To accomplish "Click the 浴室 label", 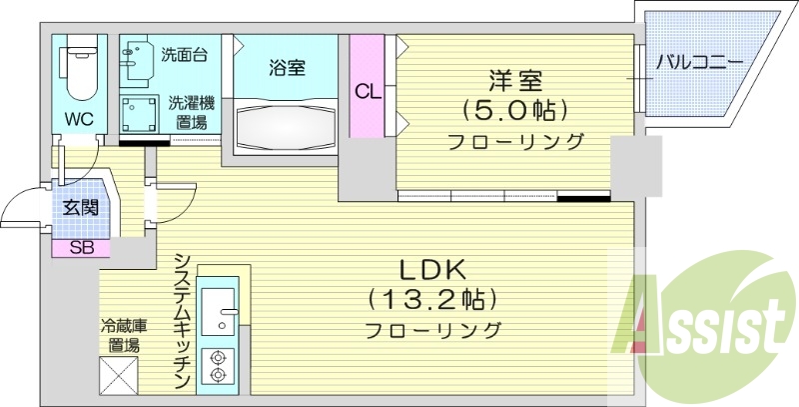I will (287, 68).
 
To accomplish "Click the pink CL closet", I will (368, 92).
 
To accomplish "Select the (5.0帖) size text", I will (514, 108).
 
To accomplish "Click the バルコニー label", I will (699, 62).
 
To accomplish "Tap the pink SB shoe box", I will (81, 248).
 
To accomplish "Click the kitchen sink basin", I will (217, 312).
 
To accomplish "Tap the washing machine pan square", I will (141, 116).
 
